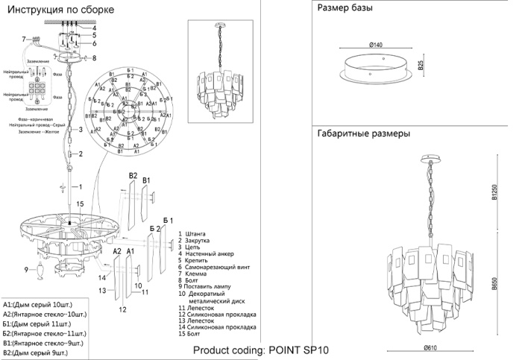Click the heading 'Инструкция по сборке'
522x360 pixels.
[x=60, y=10]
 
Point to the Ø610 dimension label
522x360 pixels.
[x=430, y=347]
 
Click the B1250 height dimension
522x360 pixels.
[x=493, y=195]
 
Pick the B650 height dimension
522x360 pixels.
[x=493, y=286]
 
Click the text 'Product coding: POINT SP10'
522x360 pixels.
[x=260, y=350]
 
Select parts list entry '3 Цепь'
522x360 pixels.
[x=191, y=247]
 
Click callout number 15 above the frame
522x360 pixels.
[x=80, y=203]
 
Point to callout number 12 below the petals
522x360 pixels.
[x=121, y=308]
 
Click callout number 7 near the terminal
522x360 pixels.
[x=25, y=39]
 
